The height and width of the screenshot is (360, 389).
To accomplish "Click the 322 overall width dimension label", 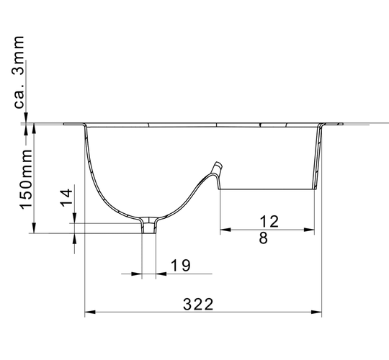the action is coord(198,305).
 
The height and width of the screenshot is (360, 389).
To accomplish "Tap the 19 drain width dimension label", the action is coord(181,265).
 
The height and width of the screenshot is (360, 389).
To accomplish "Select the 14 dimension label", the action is coord(66,197).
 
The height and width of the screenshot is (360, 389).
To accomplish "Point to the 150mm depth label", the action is coord(26,179).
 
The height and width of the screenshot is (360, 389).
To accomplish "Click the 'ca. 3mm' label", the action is coord(18,72).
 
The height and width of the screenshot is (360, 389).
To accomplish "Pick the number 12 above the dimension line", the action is coord(269,222).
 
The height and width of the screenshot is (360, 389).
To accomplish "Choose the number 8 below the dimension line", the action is coord(263,238).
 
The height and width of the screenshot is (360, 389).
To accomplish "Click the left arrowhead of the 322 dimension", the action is coord(90,312).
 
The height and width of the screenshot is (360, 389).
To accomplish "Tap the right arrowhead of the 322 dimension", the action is coord(316,312).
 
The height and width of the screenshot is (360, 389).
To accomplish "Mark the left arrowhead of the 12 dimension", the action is coord(225,230).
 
